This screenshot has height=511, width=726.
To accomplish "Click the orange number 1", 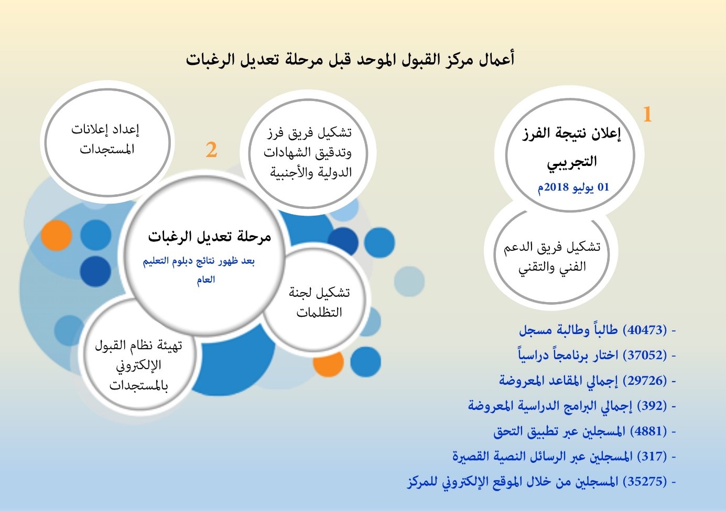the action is (647, 114).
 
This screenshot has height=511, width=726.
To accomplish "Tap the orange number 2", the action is (211, 150).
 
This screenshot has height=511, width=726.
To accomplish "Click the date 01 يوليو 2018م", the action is (573, 187).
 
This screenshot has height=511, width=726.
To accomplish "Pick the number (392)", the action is (652, 405).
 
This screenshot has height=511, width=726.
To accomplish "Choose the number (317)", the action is (652, 457).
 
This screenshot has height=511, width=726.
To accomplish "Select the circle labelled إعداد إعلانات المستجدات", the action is (107, 142).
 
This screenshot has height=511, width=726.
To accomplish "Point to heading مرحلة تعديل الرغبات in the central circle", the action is (209, 237).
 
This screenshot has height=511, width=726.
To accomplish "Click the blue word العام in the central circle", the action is (206, 279).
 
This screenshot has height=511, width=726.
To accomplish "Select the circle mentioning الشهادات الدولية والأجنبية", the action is (308, 153).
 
